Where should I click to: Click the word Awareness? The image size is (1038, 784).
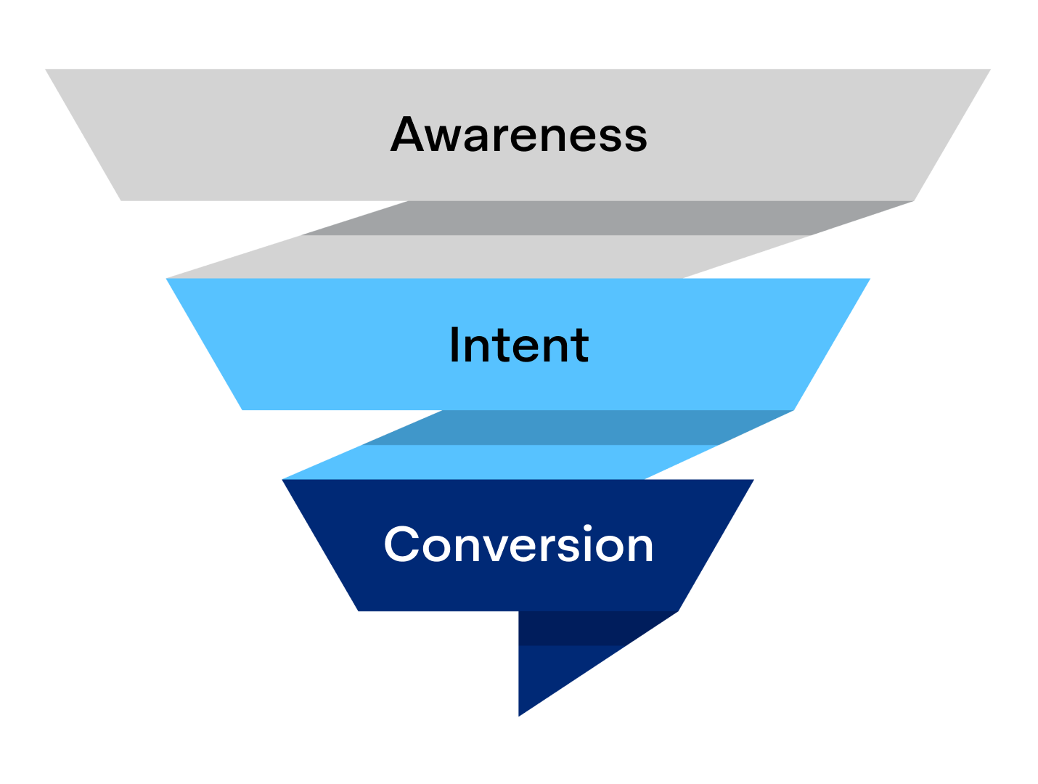pos(518,135)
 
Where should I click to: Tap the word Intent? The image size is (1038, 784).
pos(518,345)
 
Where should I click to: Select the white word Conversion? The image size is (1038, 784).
pos(518,545)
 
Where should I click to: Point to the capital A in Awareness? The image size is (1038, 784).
pos(412,135)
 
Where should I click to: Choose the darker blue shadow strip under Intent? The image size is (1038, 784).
pos(573,428)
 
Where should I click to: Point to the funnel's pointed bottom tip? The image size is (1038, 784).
pos(519,715)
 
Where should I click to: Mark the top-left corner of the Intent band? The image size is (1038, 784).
pos(168,280)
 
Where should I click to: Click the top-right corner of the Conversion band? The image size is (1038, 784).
pos(751,481)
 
